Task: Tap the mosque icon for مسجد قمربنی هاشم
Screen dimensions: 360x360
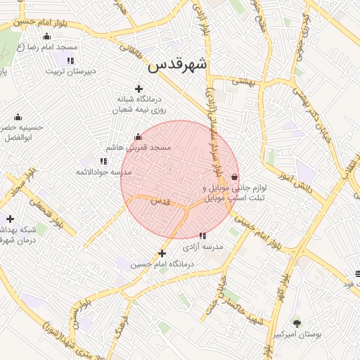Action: (x=138, y=137)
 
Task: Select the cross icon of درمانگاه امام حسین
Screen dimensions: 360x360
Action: (x=162, y=253)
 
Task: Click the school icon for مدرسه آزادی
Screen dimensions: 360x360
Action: (x=202, y=236)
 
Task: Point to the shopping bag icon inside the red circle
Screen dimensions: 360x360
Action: (x=233, y=176)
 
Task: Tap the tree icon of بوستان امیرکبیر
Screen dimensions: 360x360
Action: (x=297, y=323)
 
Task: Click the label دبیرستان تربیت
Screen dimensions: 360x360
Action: (x=71, y=71)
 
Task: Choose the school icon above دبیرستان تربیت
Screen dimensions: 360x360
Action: (x=71, y=59)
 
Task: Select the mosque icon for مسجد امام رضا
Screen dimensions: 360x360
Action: (x=47, y=36)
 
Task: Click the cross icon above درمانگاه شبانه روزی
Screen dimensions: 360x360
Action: (x=139, y=89)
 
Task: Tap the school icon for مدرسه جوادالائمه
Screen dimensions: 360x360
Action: (x=104, y=161)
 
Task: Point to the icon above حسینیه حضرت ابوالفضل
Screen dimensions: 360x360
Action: (x=18, y=117)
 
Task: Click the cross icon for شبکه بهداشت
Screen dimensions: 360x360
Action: (x=10, y=219)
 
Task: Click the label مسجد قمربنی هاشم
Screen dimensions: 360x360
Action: (x=139, y=148)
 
